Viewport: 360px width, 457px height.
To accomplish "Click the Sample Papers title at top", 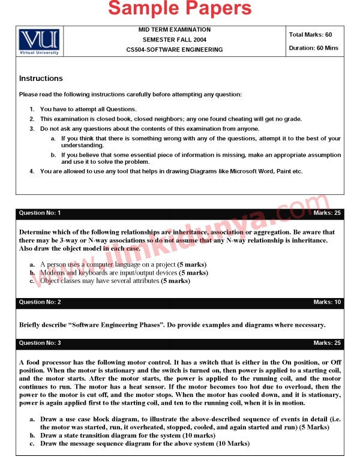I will point(180,8).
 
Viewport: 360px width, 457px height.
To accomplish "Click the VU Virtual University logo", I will point(39,41).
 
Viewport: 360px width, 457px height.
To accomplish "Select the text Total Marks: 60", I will point(310,35).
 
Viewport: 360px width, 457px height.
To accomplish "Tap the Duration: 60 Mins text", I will point(313,48).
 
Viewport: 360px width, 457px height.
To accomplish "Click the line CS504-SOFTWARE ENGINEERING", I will point(175,50).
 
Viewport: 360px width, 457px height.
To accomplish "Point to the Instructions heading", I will point(41,79).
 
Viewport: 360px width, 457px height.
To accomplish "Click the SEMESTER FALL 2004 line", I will point(175,40).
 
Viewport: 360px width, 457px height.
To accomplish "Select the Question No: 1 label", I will point(40,213).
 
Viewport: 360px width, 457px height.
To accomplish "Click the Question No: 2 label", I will point(40,302).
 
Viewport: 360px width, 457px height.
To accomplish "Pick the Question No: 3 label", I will point(40,343).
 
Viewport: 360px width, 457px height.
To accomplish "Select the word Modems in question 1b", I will point(52,272).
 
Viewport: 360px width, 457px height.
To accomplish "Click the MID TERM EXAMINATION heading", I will point(175,29).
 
